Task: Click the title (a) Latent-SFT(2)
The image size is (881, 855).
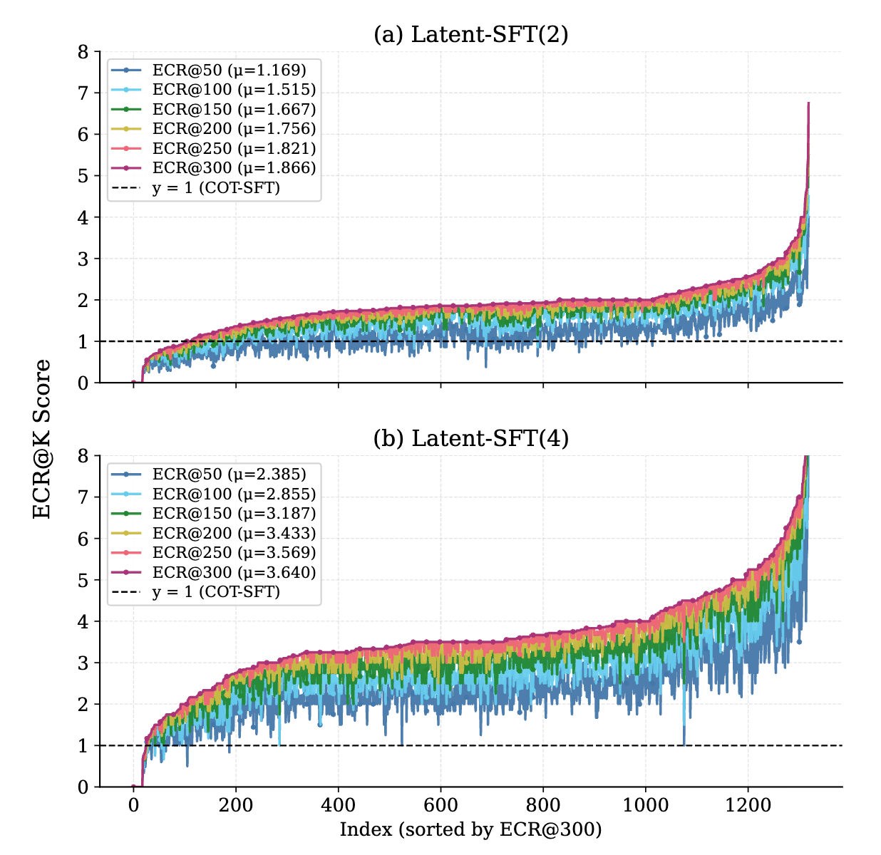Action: (x=470, y=34)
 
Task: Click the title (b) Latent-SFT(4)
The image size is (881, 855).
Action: (x=470, y=438)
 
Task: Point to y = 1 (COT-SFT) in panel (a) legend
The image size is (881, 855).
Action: (x=216, y=188)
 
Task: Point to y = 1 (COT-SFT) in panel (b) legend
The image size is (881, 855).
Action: (x=216, y=591)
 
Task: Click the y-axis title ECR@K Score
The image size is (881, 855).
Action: (x=43, y=439)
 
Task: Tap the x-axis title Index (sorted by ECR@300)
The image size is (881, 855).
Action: (x=470, y=829)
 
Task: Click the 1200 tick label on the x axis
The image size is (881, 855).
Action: (x=748, y=805)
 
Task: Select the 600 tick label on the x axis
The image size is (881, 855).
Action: (x=441, y=805)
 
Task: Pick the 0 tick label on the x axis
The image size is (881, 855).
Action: (x=133, y=805)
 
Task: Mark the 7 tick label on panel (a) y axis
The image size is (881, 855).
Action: (x=84, y=93)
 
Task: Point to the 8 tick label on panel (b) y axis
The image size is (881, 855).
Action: (x=84, y=456)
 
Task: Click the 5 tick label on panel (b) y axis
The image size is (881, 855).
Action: (x=84, y=581)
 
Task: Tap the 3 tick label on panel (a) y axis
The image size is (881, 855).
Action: (x=84, y=259)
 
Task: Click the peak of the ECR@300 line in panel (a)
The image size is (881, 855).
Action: (x=808, y=103)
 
